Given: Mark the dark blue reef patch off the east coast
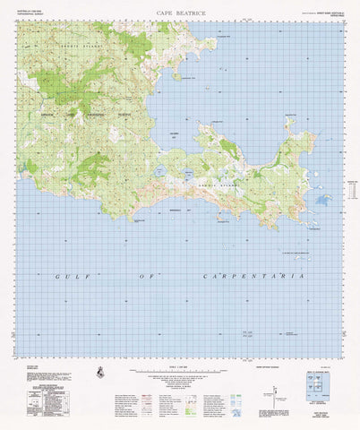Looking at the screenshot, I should coord(323,199).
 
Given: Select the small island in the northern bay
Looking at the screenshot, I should coord(177,77).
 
